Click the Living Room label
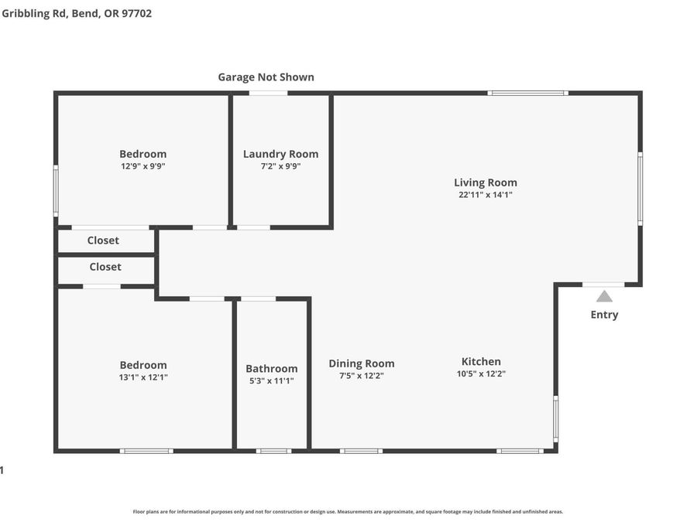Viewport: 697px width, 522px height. tap(486, 183)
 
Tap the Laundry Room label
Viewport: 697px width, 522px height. tap(280, 154)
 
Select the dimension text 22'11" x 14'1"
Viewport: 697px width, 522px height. tap(486, 194)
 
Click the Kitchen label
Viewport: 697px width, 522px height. tap(481, 362)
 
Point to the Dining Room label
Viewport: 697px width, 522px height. tap(362, 363)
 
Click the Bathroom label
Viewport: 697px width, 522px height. tap(272, 369)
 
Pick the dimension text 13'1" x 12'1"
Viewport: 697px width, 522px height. tap(143, 377)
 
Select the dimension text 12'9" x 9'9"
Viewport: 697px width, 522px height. tap(143, 166)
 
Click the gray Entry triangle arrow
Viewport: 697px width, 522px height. tap(604, 296)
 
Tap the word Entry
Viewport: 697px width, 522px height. tap(604, 315)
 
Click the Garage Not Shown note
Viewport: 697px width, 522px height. tap(266, 77)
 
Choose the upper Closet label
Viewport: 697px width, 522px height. tap(103, 241)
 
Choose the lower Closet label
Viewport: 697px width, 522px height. tap(105, 267)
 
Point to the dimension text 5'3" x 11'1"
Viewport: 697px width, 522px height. tap(272, 380)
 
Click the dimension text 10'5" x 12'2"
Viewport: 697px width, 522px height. tap(481, 374)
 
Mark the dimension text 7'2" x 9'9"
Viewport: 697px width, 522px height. tap(280, 166)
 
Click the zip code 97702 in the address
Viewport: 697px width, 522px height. tap(137, 13)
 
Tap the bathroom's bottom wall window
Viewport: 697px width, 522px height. tap(273, 451)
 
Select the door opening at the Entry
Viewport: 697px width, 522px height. tap(603, 285)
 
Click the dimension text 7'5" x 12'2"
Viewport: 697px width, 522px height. tap(362, 376)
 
